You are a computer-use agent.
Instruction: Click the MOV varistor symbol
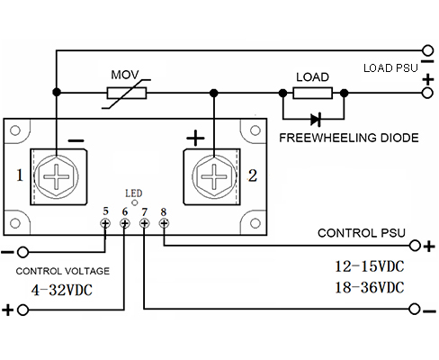click(127, 94)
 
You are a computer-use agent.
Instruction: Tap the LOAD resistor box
click(313, 93)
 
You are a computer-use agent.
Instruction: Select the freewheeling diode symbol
click(316, 120)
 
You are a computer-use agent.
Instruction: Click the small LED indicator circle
click(135, 202)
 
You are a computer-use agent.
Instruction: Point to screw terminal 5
click(105, 223)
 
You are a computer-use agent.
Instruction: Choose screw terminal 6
click(125, 223)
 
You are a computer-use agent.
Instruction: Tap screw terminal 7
click(145, 223)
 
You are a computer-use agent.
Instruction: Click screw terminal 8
click(164, 223)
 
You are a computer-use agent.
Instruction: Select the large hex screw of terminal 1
click(57, 176)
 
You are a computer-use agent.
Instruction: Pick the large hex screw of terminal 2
click(214, 176)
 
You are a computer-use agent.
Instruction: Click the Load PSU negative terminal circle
click(427, 50)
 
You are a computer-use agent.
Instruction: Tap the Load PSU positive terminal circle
click(427, 93)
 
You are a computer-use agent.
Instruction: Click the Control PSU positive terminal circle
click(415, 246)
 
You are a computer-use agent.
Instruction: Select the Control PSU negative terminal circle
click(415, 309)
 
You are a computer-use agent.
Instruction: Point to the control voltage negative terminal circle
click(22, 252)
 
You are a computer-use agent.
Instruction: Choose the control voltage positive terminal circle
click(22, 310)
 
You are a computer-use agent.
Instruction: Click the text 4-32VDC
click(62, 290)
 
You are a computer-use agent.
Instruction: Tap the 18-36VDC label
click(370, 287)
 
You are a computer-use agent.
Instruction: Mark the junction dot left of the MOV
click(57, 92)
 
